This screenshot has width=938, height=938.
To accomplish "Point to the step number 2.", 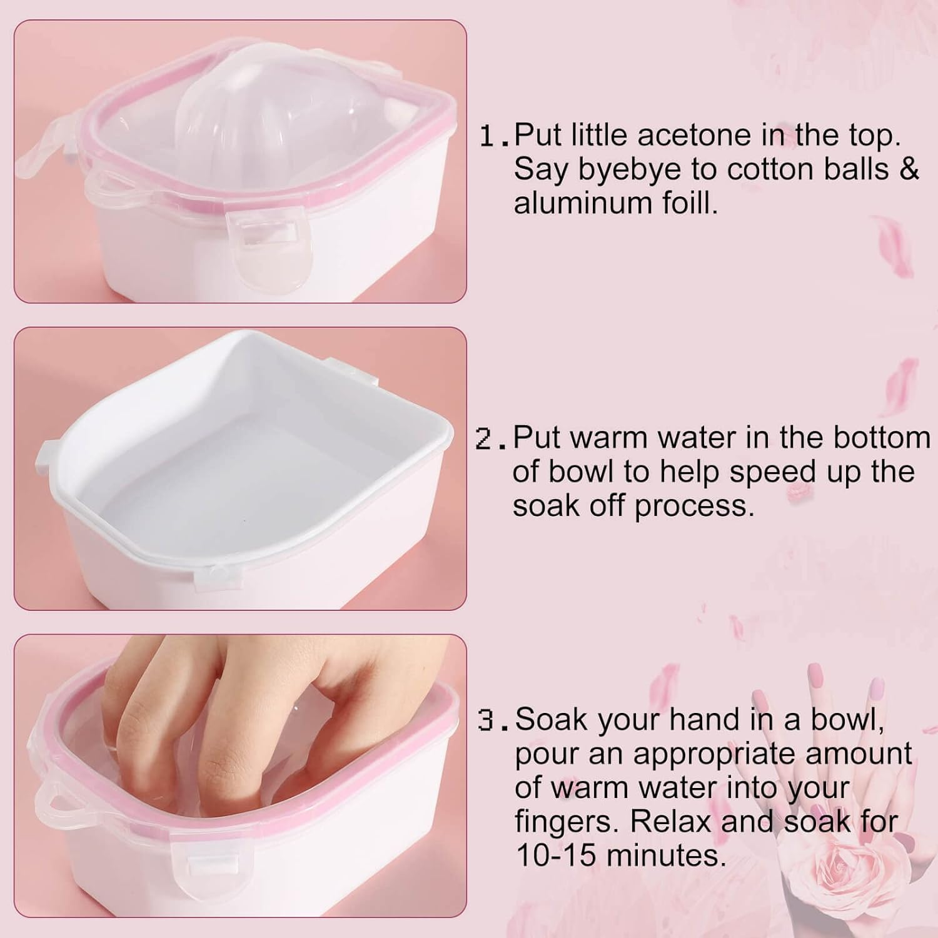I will coord(487,439).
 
